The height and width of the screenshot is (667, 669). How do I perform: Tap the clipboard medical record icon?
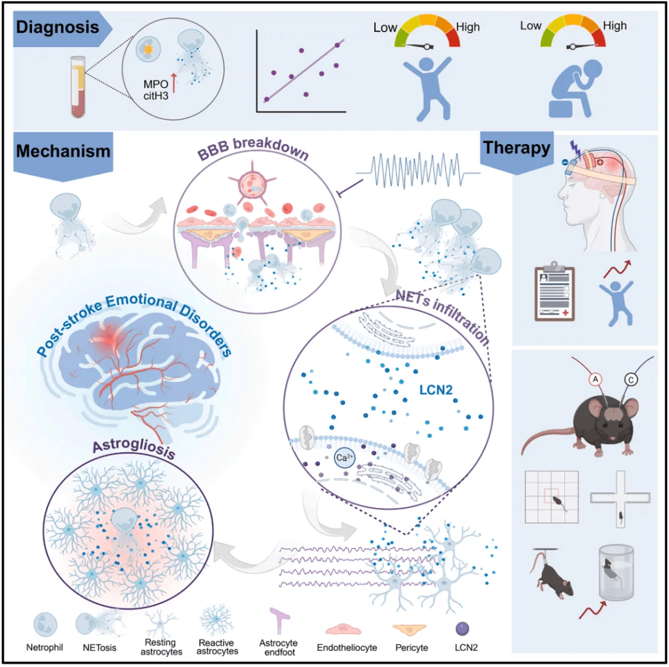coord(554,291)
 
